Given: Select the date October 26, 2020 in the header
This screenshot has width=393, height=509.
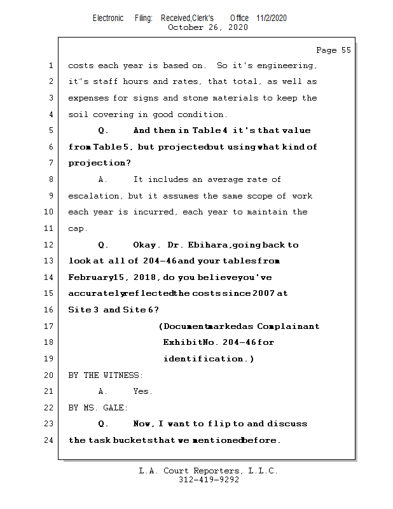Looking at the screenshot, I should (207, 27).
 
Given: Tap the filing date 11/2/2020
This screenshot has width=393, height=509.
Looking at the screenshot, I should (272, 18).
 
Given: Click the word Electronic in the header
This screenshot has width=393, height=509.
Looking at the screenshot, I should (108, 18).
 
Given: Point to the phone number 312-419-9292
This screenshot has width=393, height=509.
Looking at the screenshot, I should (209, 480).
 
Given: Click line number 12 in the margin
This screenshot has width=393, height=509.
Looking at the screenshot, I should (50, 245).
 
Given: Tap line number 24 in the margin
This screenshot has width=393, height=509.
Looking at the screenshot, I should (50, 440).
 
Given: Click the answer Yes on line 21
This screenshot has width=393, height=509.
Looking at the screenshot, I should (142, 391).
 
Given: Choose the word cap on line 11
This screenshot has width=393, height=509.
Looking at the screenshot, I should (76, 229).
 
